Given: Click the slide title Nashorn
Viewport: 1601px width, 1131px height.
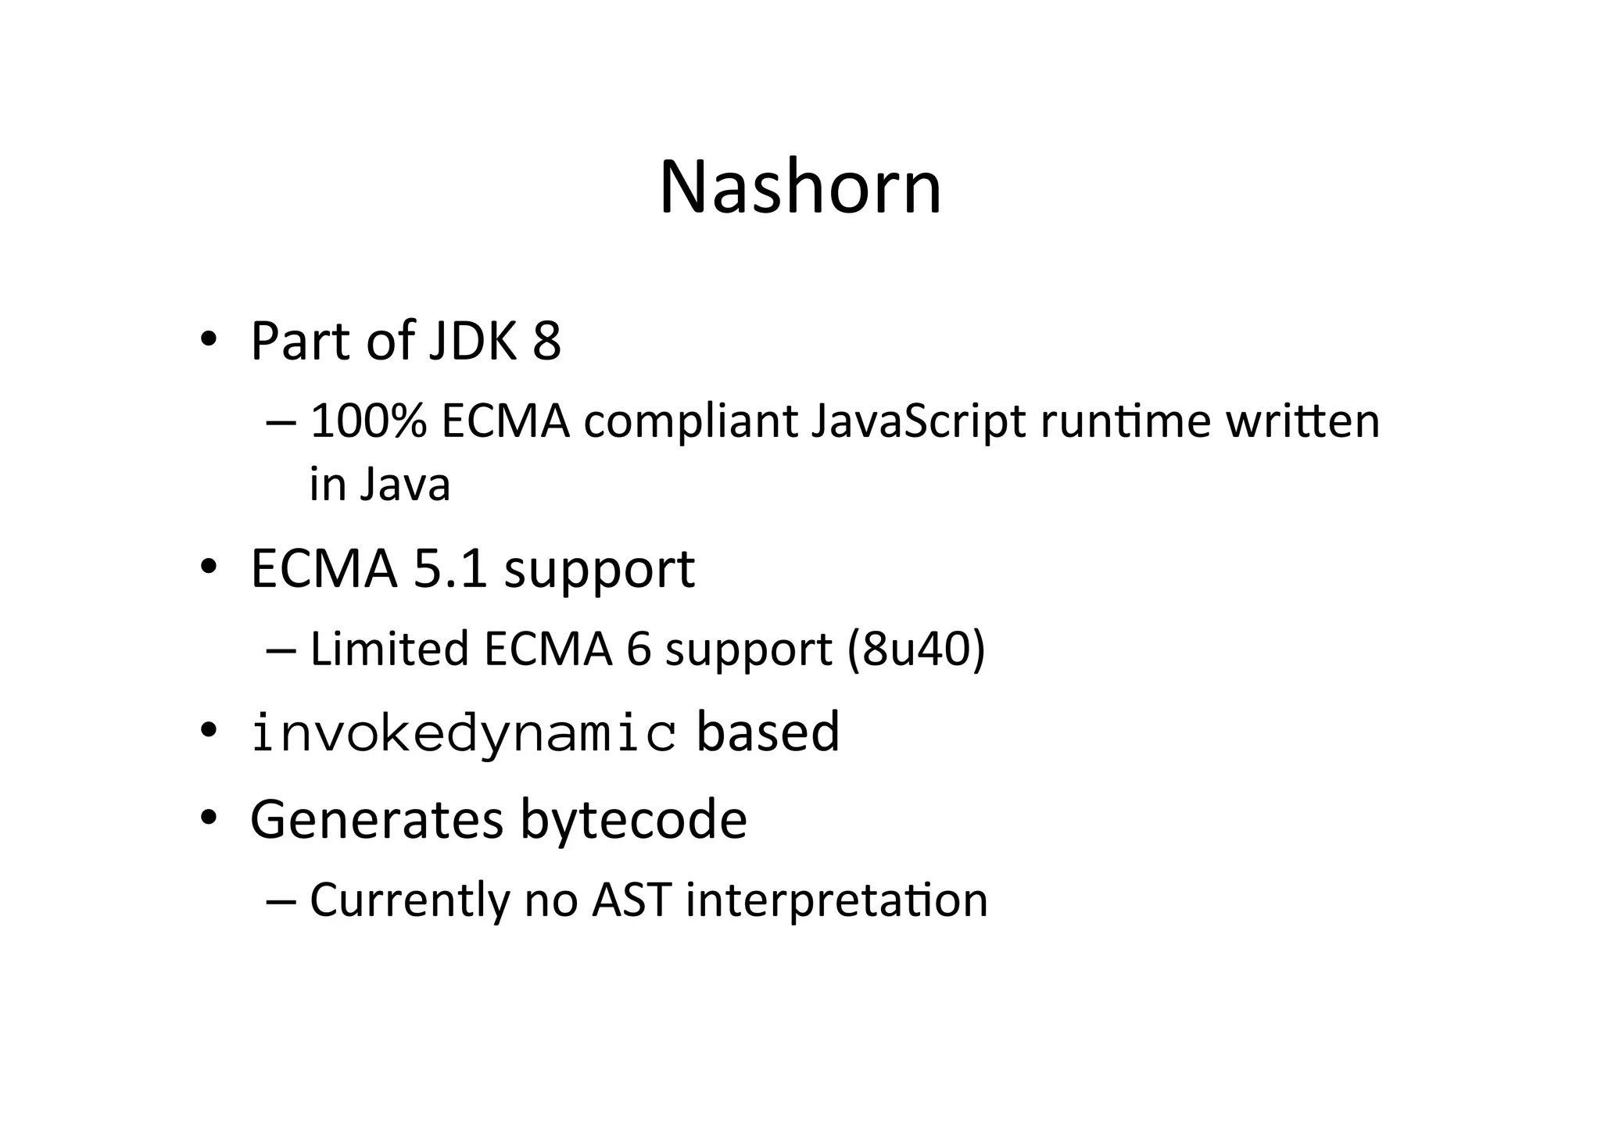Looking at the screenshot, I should tap(800, 188).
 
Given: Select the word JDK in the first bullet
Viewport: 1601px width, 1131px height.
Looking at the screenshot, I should tap(472, 341).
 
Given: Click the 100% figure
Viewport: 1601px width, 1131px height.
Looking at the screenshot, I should tap(368, 421).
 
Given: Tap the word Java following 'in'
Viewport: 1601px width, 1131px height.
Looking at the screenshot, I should tap(405, 485).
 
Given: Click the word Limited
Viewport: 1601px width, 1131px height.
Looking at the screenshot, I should tap(389, 649).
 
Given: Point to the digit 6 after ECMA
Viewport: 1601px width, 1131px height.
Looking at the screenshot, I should tap(638, 650).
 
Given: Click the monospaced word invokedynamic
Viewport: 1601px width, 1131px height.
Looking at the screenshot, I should tap(464, 734).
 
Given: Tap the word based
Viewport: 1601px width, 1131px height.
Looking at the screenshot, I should tap(768, 732).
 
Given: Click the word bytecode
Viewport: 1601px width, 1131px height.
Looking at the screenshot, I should tap(633, 820).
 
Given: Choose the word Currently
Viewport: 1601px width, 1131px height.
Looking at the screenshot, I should tap(410, 900).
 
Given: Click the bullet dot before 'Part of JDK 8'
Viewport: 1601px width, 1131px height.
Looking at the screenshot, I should tap(207, 341).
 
